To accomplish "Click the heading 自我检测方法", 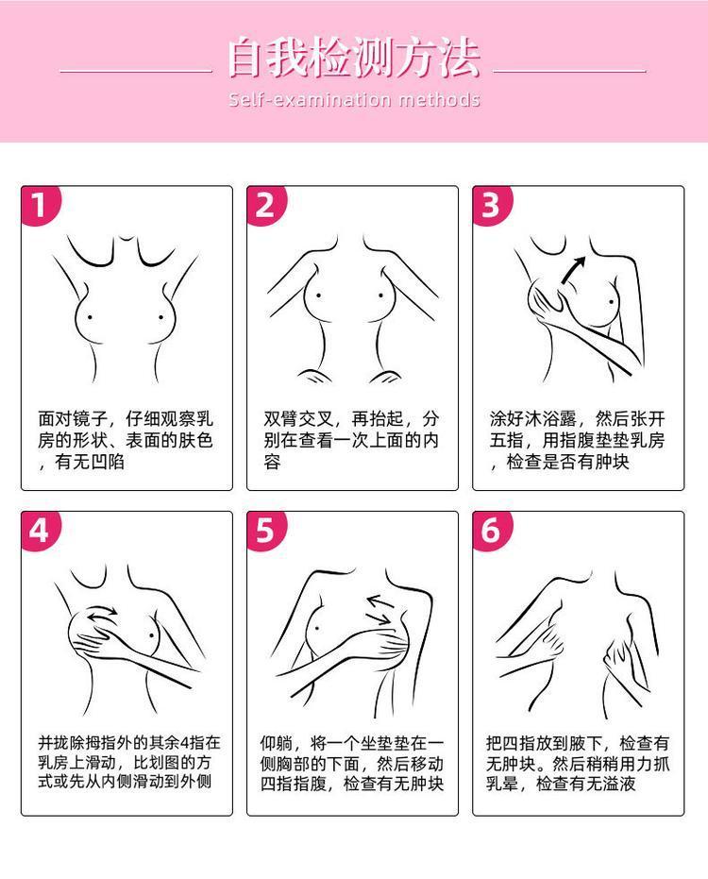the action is tap(354, 57).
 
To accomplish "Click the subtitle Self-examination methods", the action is tap(354, 100).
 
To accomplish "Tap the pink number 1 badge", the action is tap(41, 205).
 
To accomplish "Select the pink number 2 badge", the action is tap(266, 205).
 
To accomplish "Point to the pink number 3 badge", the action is tap(492, 205).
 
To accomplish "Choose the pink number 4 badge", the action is tap(41, 531).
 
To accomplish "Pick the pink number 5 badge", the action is tap(266, 531).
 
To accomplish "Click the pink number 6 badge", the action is tap(492, 531).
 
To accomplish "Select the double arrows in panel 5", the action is tap(379, 610).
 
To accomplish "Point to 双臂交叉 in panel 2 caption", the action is tap(298, 418).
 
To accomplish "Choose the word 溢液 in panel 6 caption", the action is tap(619, 783).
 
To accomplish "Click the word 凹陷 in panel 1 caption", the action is tap(107, 462).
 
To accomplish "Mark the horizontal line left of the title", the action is tap(136, 71).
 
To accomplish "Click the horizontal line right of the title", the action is tap(569, 71).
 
